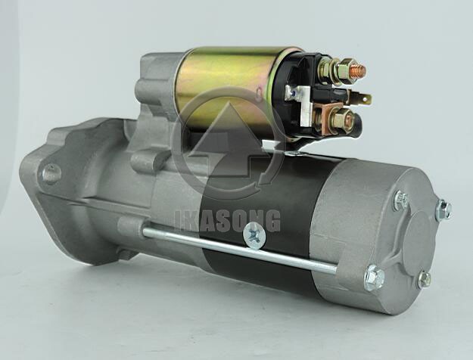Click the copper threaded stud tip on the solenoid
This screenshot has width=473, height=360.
coord(359,70)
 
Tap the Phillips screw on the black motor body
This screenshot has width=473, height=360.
coord(254,235)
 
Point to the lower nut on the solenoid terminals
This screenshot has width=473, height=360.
coord(344,119)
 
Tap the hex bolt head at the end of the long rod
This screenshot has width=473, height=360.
coord(375,278)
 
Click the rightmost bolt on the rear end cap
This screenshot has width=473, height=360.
coord(444,209)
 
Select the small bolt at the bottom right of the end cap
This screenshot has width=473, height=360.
coord(425,279)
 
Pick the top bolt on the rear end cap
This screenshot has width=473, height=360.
coord(401,200)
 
